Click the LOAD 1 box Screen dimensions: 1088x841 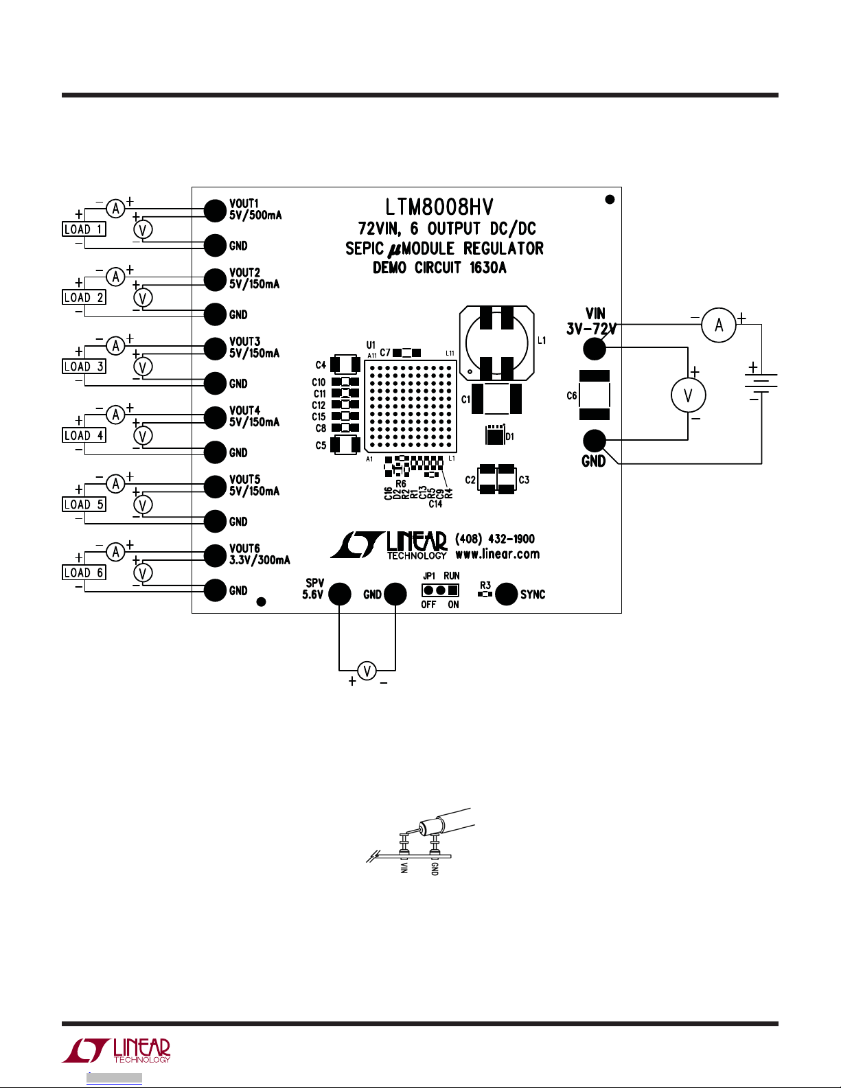[x=84, y=229]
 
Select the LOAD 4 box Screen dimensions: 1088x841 [x=84, y=436]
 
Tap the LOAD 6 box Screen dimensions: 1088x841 [x=84, y=573]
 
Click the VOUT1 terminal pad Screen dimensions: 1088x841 [x=216, y=210]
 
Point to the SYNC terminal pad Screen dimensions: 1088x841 [x=506, y=594]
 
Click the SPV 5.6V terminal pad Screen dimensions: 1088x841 [x=339, y=594]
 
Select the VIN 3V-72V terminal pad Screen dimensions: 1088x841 [x=595, y=349]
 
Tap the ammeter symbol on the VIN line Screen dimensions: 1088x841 [x=718, y=325]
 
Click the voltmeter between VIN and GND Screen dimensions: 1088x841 [x=688, y=395]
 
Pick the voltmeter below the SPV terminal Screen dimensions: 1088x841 [x=367, y=671]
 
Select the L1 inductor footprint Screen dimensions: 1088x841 [x=496, y=343]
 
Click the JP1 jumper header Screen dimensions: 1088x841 [x=440, y=590]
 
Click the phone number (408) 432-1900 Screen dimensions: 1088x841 [x=495, y=539]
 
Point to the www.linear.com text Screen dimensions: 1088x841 [x=497, y=554]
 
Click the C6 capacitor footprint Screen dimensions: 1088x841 [x=595, y=395]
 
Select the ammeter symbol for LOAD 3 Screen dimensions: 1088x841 [x=115, y=346]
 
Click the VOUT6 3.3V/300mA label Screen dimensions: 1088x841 [x=259, y=554]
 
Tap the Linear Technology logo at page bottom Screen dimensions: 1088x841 [x=117, y=1050]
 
